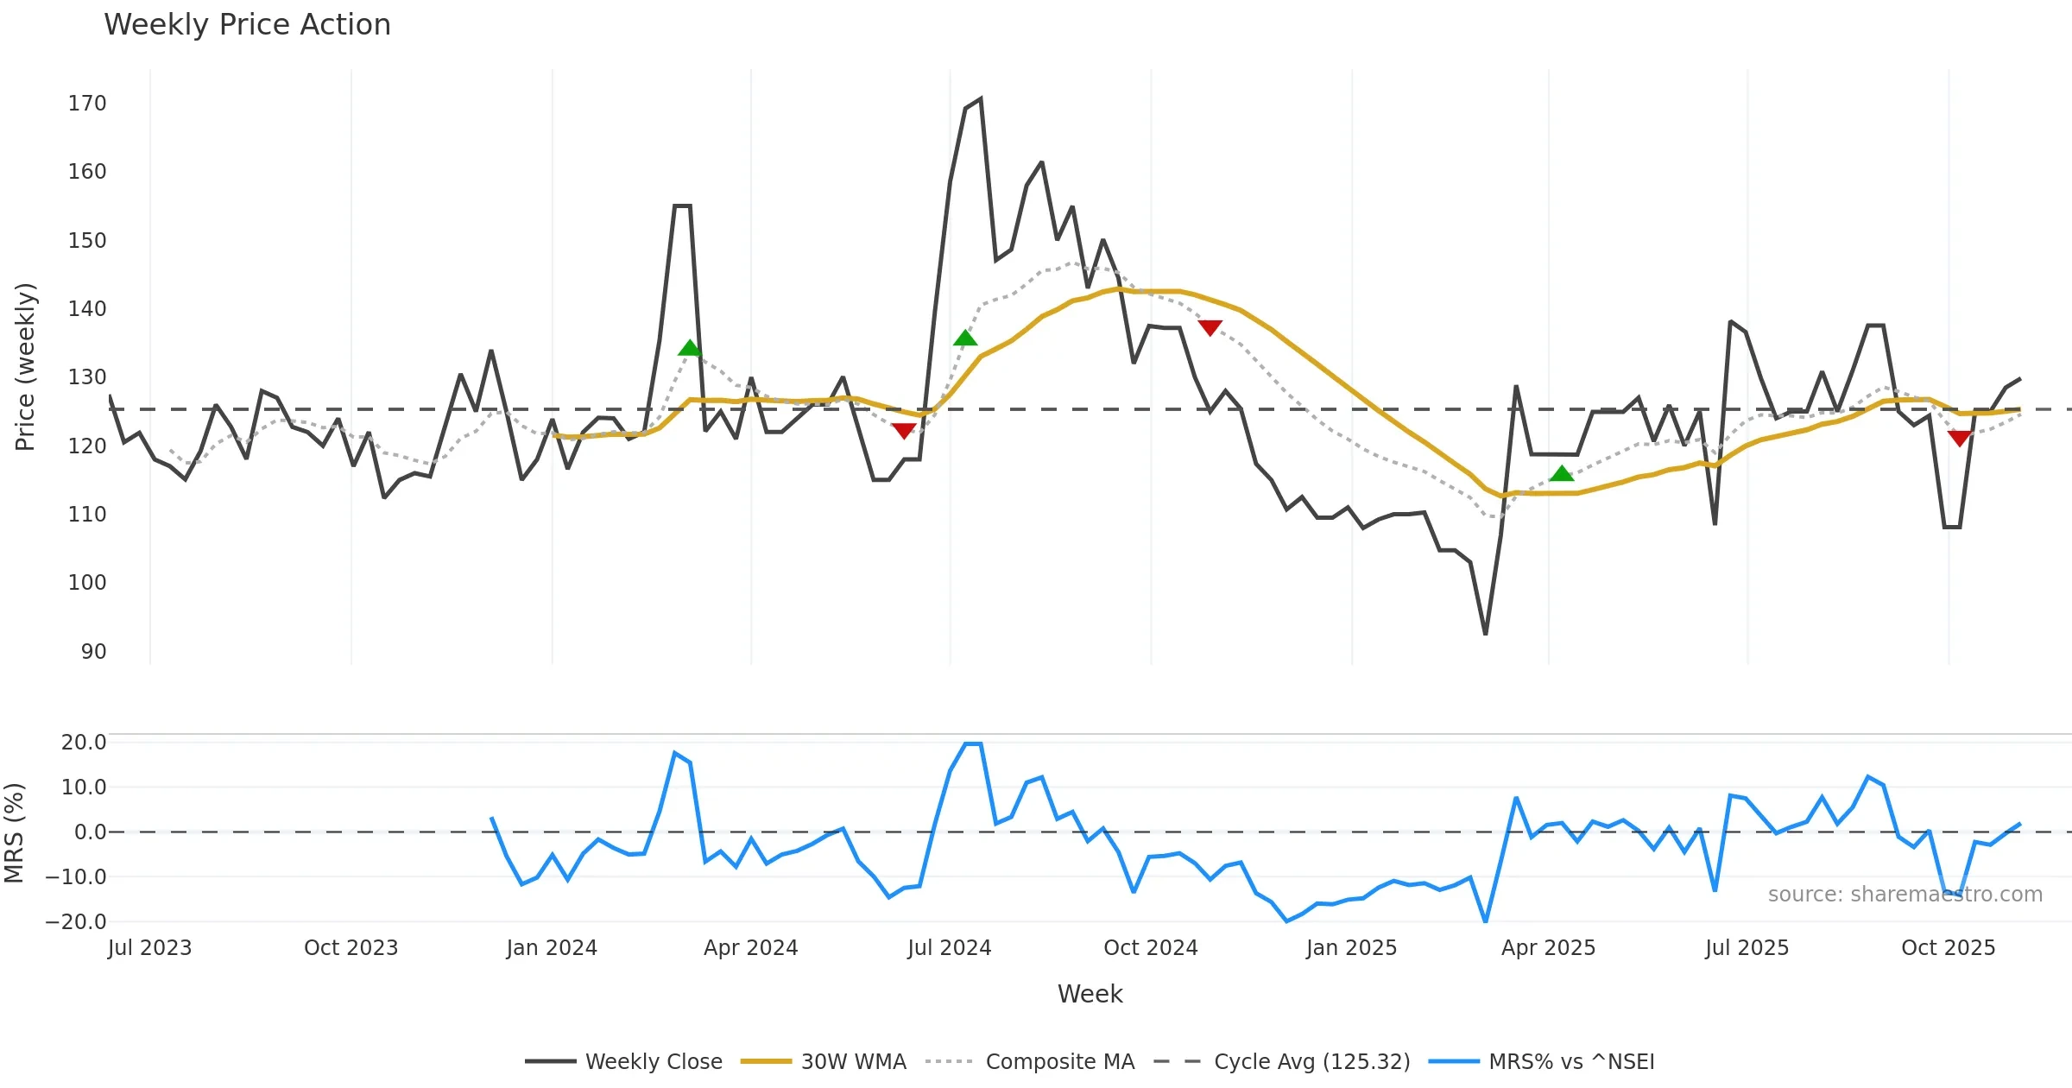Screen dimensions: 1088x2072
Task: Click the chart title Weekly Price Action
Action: [x=247, y=25]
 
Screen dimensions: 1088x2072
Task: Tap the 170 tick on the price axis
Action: [x=87, y=104]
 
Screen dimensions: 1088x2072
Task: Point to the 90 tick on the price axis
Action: [x=93, y=651]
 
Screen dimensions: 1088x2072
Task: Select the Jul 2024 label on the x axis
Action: [x=949, y=948]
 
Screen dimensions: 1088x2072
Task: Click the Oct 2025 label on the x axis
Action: [x=1948, y=948]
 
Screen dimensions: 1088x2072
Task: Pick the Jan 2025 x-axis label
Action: [x=1351, y=948]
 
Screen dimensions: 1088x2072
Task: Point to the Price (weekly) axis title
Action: [x=25, y=367]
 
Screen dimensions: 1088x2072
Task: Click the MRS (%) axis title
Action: [x=14, y=832]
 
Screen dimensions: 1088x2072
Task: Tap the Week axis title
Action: [x=1090, y=994]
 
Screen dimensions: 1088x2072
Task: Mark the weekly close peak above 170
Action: [x=981, y=99]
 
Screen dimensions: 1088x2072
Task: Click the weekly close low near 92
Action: [x=1485, y=634]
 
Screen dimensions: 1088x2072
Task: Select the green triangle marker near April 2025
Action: [x=1561, y=473]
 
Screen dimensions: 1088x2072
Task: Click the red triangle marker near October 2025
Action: [x=1960, y=439]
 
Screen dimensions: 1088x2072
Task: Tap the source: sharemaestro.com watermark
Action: [x=1905, y=895]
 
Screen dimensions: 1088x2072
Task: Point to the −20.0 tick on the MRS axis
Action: [x=76, y=921]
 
